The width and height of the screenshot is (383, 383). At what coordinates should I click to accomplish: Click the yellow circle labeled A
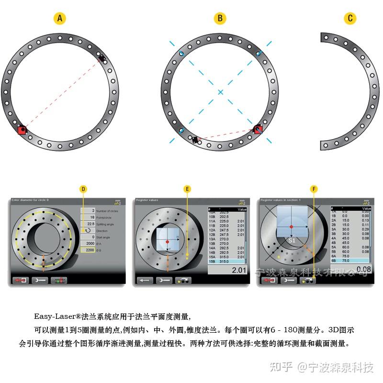tap(59, 19)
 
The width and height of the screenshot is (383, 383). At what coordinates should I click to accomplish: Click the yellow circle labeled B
tap(220, 19)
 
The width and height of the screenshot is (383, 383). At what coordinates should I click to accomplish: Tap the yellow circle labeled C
tap(350, 19)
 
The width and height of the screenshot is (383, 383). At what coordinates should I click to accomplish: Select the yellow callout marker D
tap(83, 189)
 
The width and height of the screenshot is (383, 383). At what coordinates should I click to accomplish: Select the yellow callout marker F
tap(314, 189)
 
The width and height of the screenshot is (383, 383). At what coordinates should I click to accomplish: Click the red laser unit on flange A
tap(22, 130)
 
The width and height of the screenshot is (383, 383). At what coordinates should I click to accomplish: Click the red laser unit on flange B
tap(258, 129)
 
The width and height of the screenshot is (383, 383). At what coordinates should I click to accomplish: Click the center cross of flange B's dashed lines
tap(220, 91)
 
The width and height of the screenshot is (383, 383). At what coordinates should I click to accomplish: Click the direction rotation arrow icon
tap(87, 230)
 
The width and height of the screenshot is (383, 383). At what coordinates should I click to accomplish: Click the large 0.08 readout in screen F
tap(363, 270)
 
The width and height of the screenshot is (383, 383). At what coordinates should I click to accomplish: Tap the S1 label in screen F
tap(292, 240)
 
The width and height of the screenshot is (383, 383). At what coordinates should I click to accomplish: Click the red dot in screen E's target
tap(168, 242)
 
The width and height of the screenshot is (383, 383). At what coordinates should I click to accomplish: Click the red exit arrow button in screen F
tap(269, 281)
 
